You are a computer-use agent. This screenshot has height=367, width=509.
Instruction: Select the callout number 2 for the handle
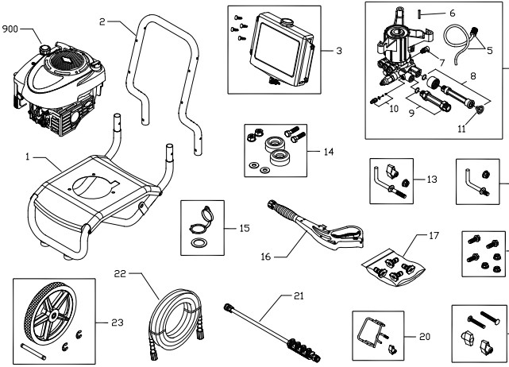[104, 21]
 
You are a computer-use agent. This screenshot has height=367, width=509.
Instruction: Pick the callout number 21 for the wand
[299, 296]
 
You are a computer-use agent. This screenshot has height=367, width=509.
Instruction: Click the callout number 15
[245, 228]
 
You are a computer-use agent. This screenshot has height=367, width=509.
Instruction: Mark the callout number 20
[425, 336]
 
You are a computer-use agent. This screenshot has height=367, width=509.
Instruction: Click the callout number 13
[432, 180]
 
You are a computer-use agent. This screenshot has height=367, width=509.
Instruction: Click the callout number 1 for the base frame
[29, 157]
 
